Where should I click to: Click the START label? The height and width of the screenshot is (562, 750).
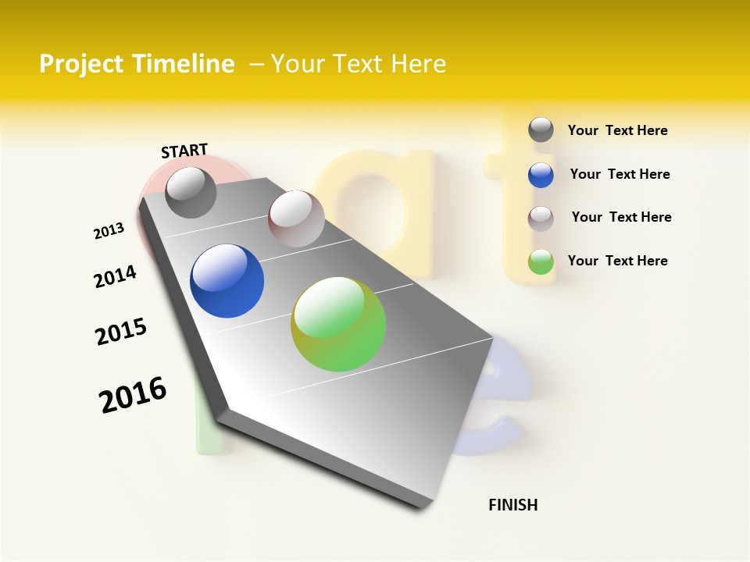184,151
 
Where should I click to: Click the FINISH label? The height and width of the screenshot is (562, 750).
513,505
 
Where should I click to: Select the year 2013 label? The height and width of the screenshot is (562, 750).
109,231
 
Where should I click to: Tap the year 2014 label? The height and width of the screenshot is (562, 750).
115,276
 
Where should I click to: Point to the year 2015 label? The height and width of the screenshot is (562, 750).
121,332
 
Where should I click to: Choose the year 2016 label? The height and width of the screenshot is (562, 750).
133,395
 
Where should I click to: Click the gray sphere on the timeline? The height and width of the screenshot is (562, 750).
191,193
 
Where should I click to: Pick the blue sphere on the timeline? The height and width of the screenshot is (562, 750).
227,281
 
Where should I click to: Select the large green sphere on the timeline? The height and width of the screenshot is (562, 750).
338,324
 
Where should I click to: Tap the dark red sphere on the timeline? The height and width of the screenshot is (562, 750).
296,219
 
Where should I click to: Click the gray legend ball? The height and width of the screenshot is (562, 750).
541,130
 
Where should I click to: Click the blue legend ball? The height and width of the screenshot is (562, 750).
541,175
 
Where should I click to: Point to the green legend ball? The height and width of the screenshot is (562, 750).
541,261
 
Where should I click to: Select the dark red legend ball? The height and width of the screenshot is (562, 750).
541,219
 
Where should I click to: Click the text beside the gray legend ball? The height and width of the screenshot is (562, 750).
617,130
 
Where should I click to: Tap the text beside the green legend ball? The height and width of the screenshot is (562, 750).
617,261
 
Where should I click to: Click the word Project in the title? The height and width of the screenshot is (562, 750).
80,64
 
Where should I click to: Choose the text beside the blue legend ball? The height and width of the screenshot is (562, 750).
620,174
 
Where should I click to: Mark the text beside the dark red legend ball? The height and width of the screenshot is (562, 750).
621,217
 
